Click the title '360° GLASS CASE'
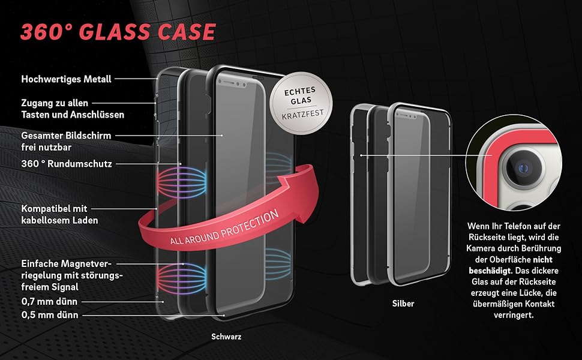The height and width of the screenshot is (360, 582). (118, 31)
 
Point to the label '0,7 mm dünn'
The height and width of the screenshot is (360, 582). (49, 301)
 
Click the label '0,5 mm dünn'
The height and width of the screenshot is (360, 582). (49, 314)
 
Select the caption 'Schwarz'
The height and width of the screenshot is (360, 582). (227, 337)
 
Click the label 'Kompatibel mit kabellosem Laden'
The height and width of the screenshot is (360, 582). (59, 214)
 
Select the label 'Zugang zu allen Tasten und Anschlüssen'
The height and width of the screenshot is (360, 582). (73, 109)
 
